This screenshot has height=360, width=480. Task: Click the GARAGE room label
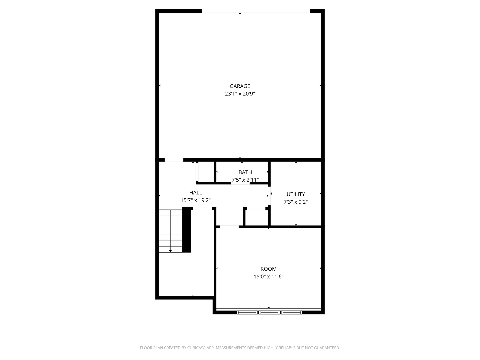coord(240,86)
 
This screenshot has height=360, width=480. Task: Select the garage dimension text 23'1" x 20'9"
coord(240,94)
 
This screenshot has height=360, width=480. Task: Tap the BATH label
coord(245,172)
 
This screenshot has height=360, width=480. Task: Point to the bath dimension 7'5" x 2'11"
coord(245,180)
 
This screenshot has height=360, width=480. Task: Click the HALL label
coord(196,192)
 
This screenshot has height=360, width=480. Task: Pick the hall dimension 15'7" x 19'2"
coord(196,200)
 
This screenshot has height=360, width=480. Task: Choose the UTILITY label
coord(296,194)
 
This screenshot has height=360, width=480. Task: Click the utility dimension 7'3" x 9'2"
coord(296,202)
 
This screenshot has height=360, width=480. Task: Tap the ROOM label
coord(268,269)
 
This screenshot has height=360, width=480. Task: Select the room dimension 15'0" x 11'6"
coord(268,276)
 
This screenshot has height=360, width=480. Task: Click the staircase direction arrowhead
coord(170,251)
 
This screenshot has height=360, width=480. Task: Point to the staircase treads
coord(170,230)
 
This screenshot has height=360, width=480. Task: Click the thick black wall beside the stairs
coord(186,230)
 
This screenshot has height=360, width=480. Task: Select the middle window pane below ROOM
coord(269,312)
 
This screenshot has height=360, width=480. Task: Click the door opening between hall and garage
coord(174,160)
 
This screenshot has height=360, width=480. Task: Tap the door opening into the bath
coord(240,183)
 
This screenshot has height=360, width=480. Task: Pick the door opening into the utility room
coord(269,196)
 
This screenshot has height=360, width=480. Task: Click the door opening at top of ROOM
coord(229,227)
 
